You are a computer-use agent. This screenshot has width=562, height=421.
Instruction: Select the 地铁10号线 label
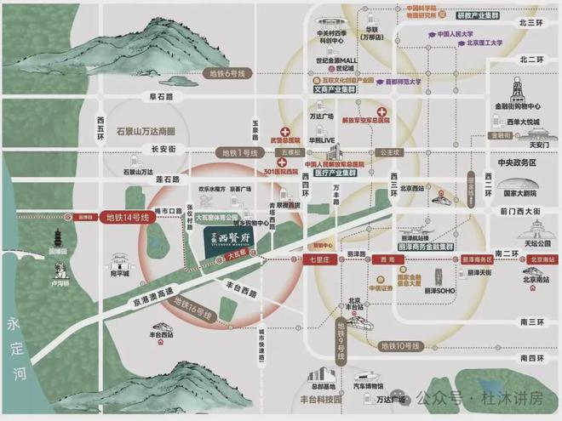click(399, 345)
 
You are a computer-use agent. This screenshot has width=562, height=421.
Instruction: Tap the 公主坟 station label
click(390, 154)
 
